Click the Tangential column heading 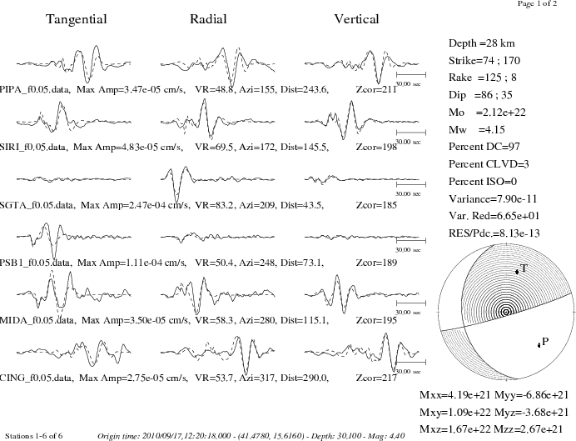pyautogui.click(x=77, y=19)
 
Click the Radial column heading pyautogui.click(x=208, y=19)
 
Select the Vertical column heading pyautogui.click(x=356, y=19)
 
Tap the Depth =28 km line pyautogui.click(x=482, y=43)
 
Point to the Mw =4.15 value pyautogui.click(x=477, y=129)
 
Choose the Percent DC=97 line pyautogui.click(x=484, y=147)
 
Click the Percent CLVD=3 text pyautogui.click(x=489, y=164)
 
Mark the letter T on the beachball pyautogui.click(x=524, y=268)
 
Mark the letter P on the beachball pyautogui.click(x=545, y=342)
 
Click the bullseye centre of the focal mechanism pyautogui.click(x=506, y=312)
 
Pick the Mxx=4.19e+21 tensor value pyautogui.click(x=455, y=395)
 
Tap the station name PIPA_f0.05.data pyautogui.click(x=35, y=89)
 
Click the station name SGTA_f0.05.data pyautogui.click(x=37, y=205)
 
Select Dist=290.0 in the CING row pyautogui.click(x=305, y=378)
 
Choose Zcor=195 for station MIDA pyautogui.click(x=376, y=320)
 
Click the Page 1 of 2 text pyautogui.click(x=537, y=3)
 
